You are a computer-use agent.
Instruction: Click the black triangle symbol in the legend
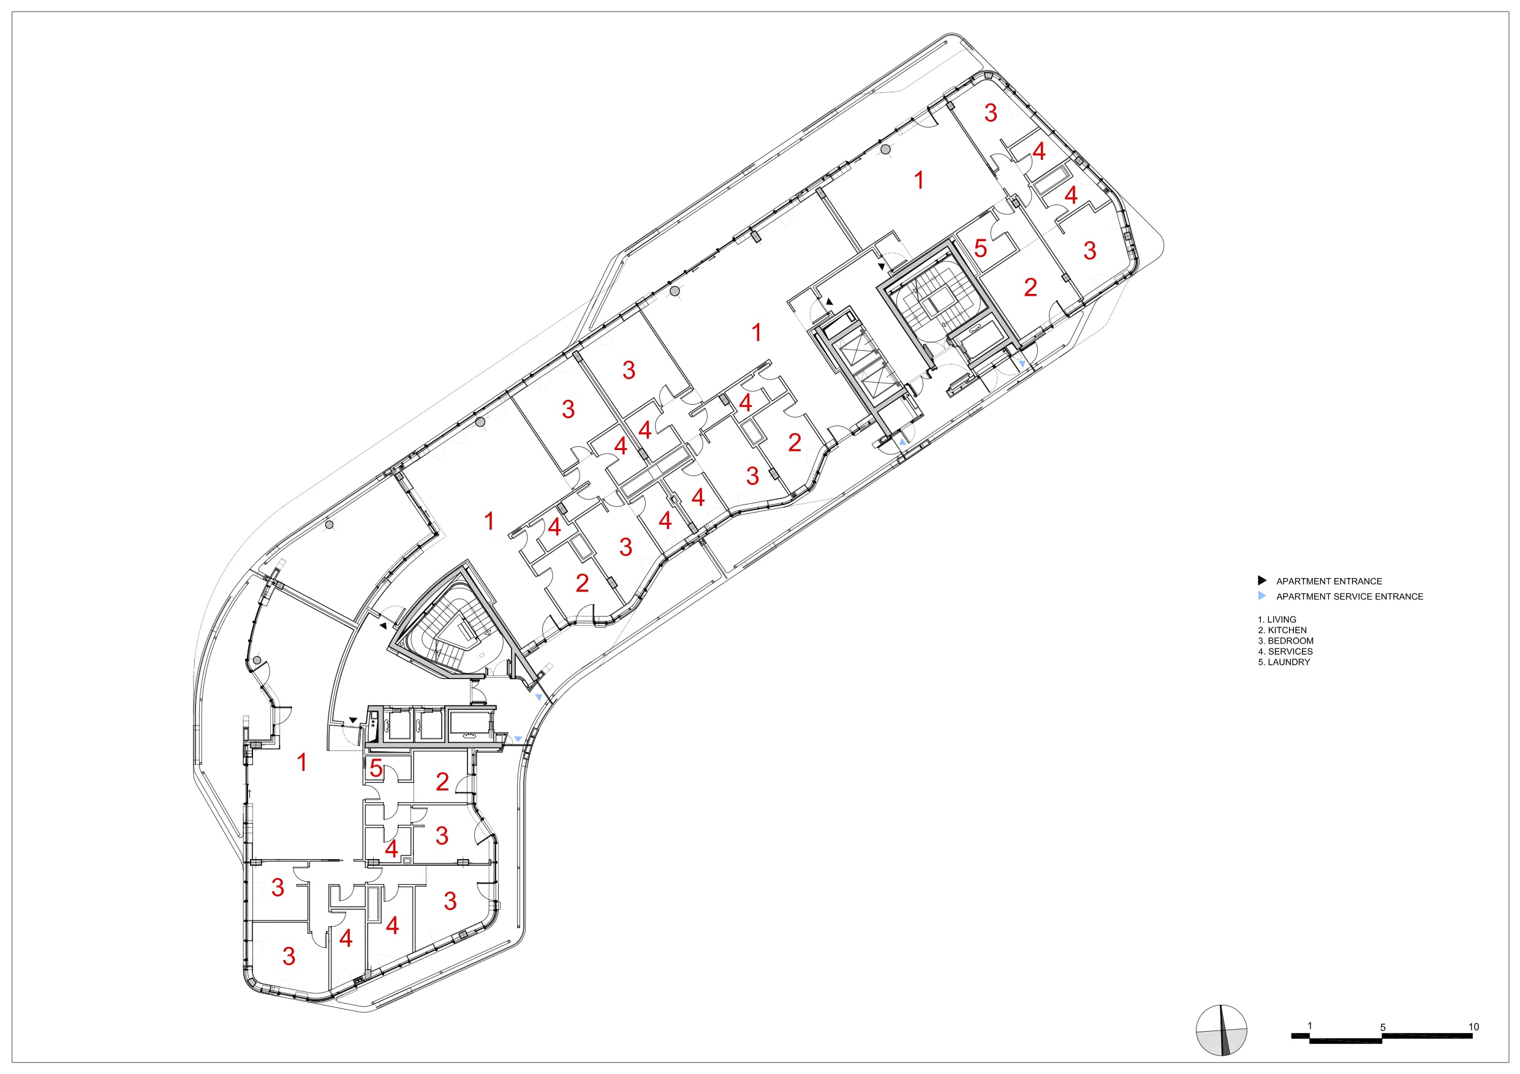pos(1262,580)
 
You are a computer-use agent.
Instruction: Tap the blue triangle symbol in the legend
pos(1262,596)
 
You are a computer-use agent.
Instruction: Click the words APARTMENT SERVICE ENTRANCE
pos(1349,596)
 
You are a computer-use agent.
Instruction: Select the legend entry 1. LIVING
pos(1277,620)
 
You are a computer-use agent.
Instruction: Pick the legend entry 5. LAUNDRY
pos(1284,662)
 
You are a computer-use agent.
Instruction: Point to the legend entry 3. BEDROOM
pos(1285,640)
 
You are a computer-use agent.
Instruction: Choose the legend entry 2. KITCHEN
pos(1282,630)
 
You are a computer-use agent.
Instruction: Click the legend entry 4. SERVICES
pos(1285,651)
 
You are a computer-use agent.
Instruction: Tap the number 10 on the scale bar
pos(1473,1027)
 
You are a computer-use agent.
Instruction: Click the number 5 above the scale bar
pos(1383,1027)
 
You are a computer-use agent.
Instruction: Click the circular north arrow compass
pos(1221,1031)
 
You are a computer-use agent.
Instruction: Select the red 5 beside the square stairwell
pos(980,248)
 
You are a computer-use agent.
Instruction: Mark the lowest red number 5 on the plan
pos(376,768)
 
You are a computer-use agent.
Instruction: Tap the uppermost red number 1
pos(918,180)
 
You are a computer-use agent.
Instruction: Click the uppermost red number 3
pos(991,113)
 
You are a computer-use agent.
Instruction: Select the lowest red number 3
pos(289,956)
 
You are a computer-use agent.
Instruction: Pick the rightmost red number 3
pos(1090,250)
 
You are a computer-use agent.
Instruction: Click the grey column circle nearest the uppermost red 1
pos(886,149)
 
